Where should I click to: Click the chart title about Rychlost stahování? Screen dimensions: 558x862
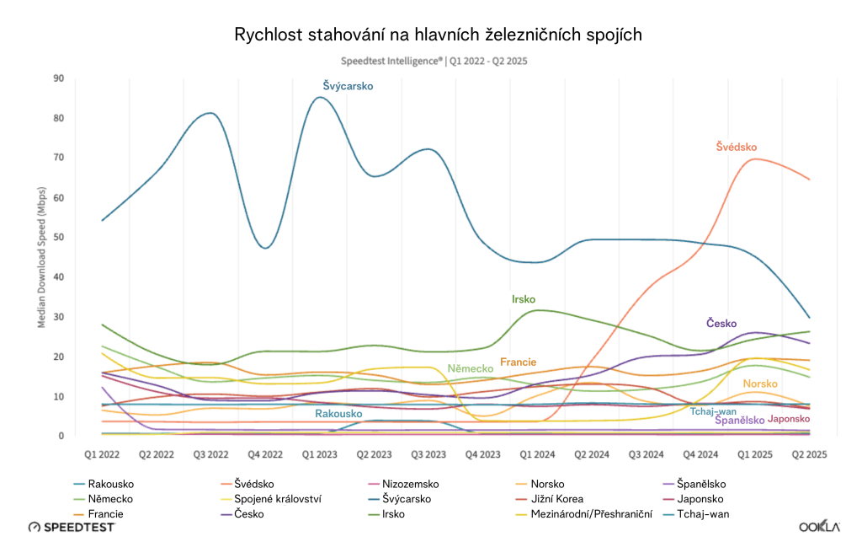(439, 35)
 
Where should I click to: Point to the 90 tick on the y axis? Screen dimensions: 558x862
(58, 78)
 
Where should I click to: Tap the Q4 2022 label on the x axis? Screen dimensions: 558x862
(266, 453)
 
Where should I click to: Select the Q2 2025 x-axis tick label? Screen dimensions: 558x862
(808, 453)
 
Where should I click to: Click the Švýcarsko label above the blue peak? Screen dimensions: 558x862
(348, 86)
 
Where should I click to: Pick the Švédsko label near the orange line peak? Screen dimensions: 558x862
(737, 147)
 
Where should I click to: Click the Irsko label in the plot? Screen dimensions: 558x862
(523, 299)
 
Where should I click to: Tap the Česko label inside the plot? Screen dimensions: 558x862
(721, 324)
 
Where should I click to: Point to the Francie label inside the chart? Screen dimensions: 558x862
(518, 362)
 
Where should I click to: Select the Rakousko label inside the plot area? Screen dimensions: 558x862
(338, 414)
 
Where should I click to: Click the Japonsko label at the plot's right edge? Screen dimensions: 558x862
(789, 419)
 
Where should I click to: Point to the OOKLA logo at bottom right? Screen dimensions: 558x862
(819, 527)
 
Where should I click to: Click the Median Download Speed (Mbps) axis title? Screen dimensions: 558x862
(41, 257)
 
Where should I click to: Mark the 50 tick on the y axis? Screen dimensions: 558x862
(58, 238)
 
